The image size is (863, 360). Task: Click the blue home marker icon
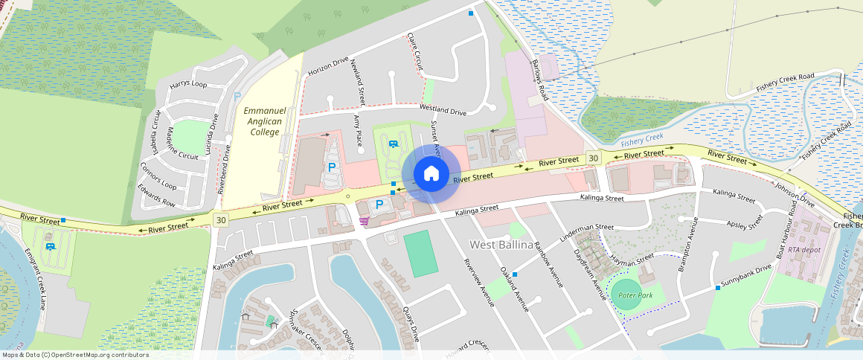(x=431, y=173)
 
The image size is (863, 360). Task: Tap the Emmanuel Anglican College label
(x=262, y=121)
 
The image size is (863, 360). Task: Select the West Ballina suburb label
(x=501, y=245)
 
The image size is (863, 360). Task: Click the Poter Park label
(x=635, y=295)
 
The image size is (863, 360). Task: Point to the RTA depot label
(x=804, y=250)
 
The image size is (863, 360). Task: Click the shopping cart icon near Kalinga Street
(x=363, y=220)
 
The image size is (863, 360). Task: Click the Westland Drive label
(x=442, y=109)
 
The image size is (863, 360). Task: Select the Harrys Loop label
(x=188, y=85)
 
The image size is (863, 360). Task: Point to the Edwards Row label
(x=157, y=199)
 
